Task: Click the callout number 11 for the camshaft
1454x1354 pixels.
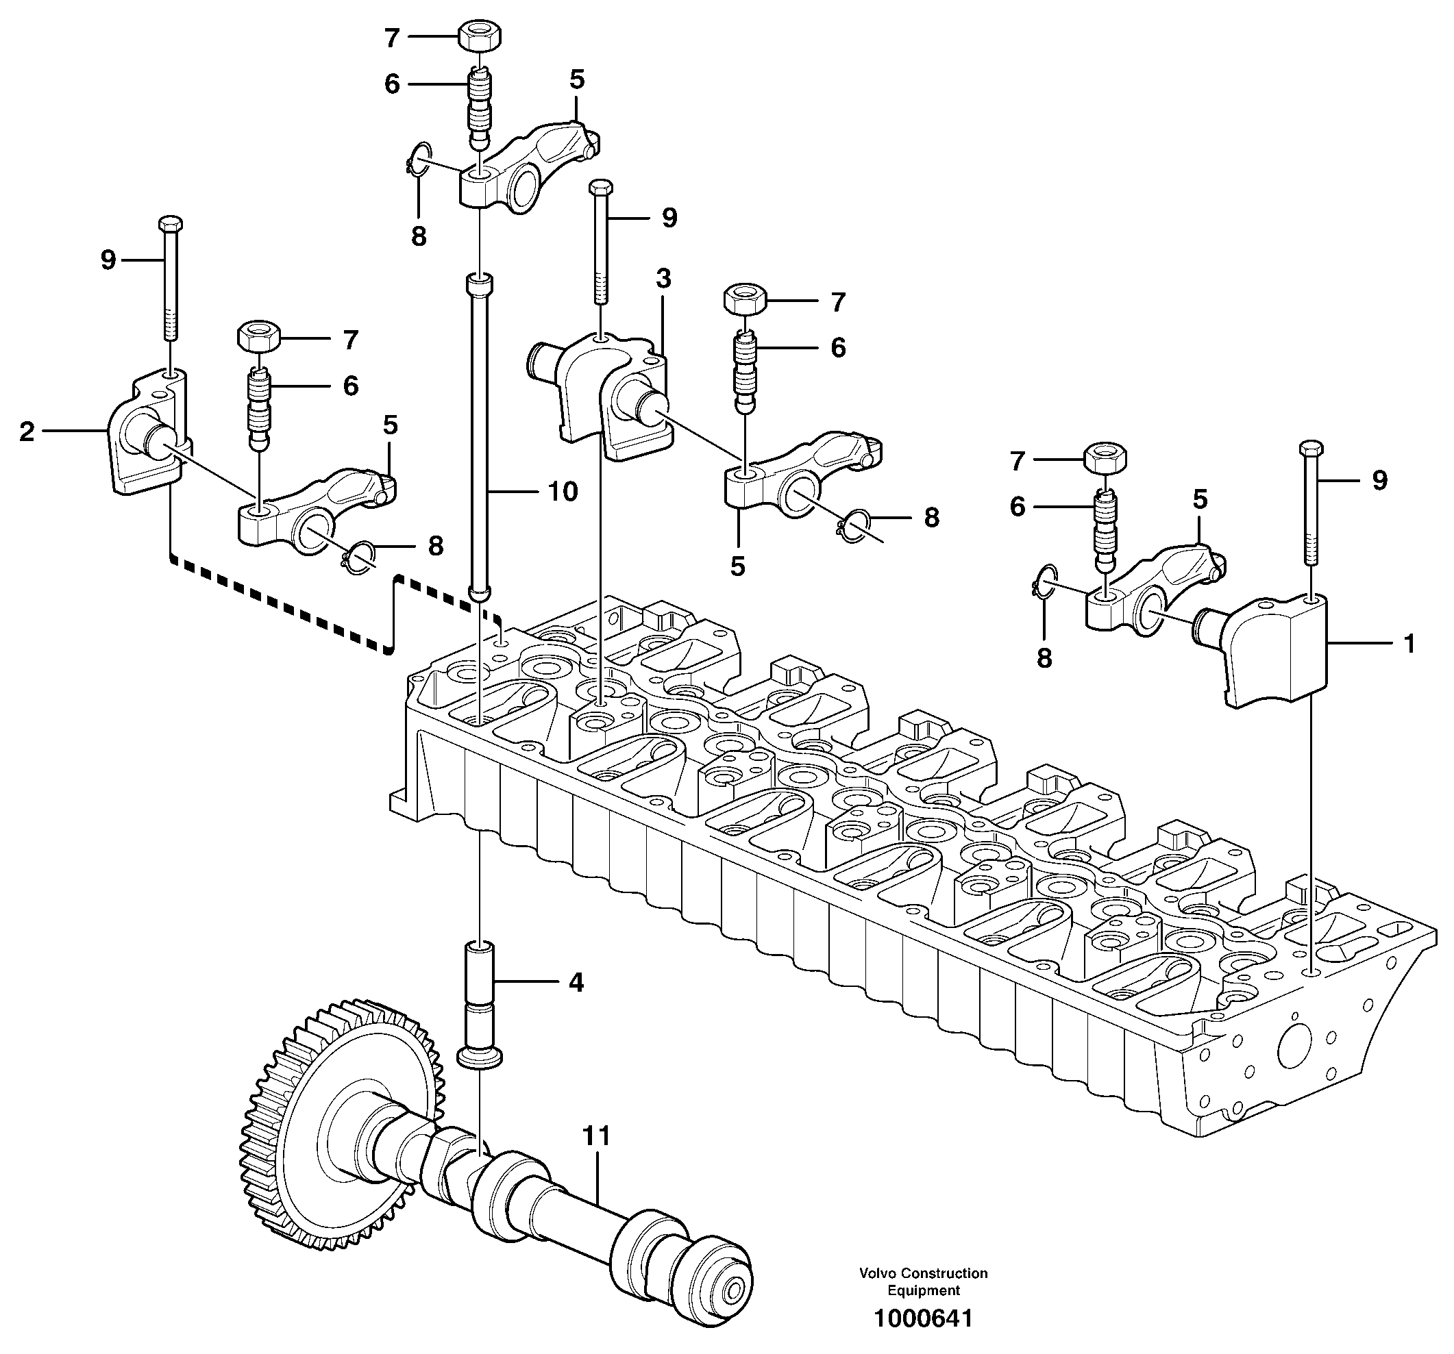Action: pyautogui.click(x=596, y=1136)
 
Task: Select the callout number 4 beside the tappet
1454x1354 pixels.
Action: pyautogui.click(x=576, y=983)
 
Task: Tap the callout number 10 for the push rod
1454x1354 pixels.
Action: pyautogui.click(x=563, y=492)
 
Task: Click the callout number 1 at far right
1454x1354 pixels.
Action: pyautogui.click(x=1408, y=643)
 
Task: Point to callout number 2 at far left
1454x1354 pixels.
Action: pyautogui.click(x=27, y=431)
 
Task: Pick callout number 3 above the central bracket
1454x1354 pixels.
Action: pyautogui.click(x=663, y=279)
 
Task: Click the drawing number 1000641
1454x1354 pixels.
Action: pyautogui.click(x=924, y=1319)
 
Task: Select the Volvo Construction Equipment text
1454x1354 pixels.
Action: pyautogui.click(x=924, y=1281)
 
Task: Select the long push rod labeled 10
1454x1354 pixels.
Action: pyautogui.click(x=479, y=438)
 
